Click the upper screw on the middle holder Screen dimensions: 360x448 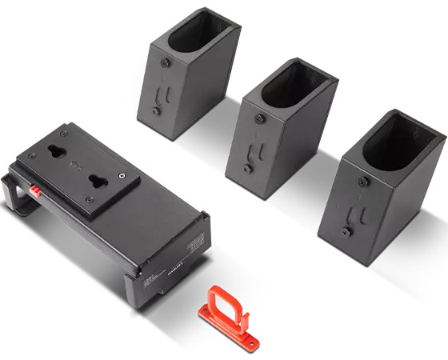[258, 119]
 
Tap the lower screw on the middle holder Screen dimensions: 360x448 [247, 169]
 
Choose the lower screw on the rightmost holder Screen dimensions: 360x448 [346, 230]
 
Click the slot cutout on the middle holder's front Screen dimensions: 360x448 [255, 150]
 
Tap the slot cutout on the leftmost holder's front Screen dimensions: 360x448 [162, 92]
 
